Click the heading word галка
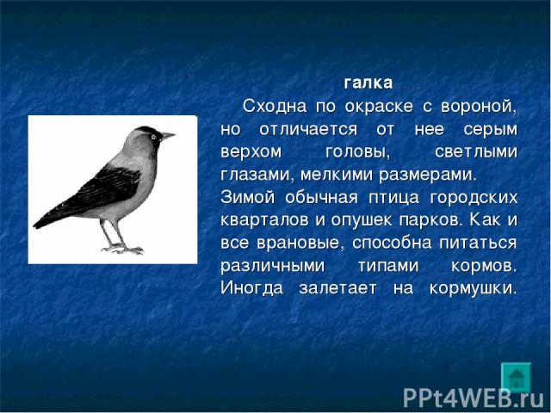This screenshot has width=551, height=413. [368, 83]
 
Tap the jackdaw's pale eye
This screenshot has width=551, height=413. [153, 137]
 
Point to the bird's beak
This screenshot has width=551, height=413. [167, 135]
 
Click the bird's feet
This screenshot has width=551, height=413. [124, 249]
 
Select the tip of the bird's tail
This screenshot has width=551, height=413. [35, 225]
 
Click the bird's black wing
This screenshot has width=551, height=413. [102, 189]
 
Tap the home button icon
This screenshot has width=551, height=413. [516, 378]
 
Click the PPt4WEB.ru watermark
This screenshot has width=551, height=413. [474, 398]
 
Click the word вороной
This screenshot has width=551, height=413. [479, 107]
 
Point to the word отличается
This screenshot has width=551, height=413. [308, 130]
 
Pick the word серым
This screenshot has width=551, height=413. [491, 130]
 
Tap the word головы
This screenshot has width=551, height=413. [358, 153]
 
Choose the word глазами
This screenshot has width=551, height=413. [257, 176]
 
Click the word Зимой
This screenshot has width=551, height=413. [248, 197]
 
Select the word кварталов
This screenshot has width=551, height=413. [268, 221]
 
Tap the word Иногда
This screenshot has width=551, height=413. [252, 288]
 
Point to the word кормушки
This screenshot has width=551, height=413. [474, 289]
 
